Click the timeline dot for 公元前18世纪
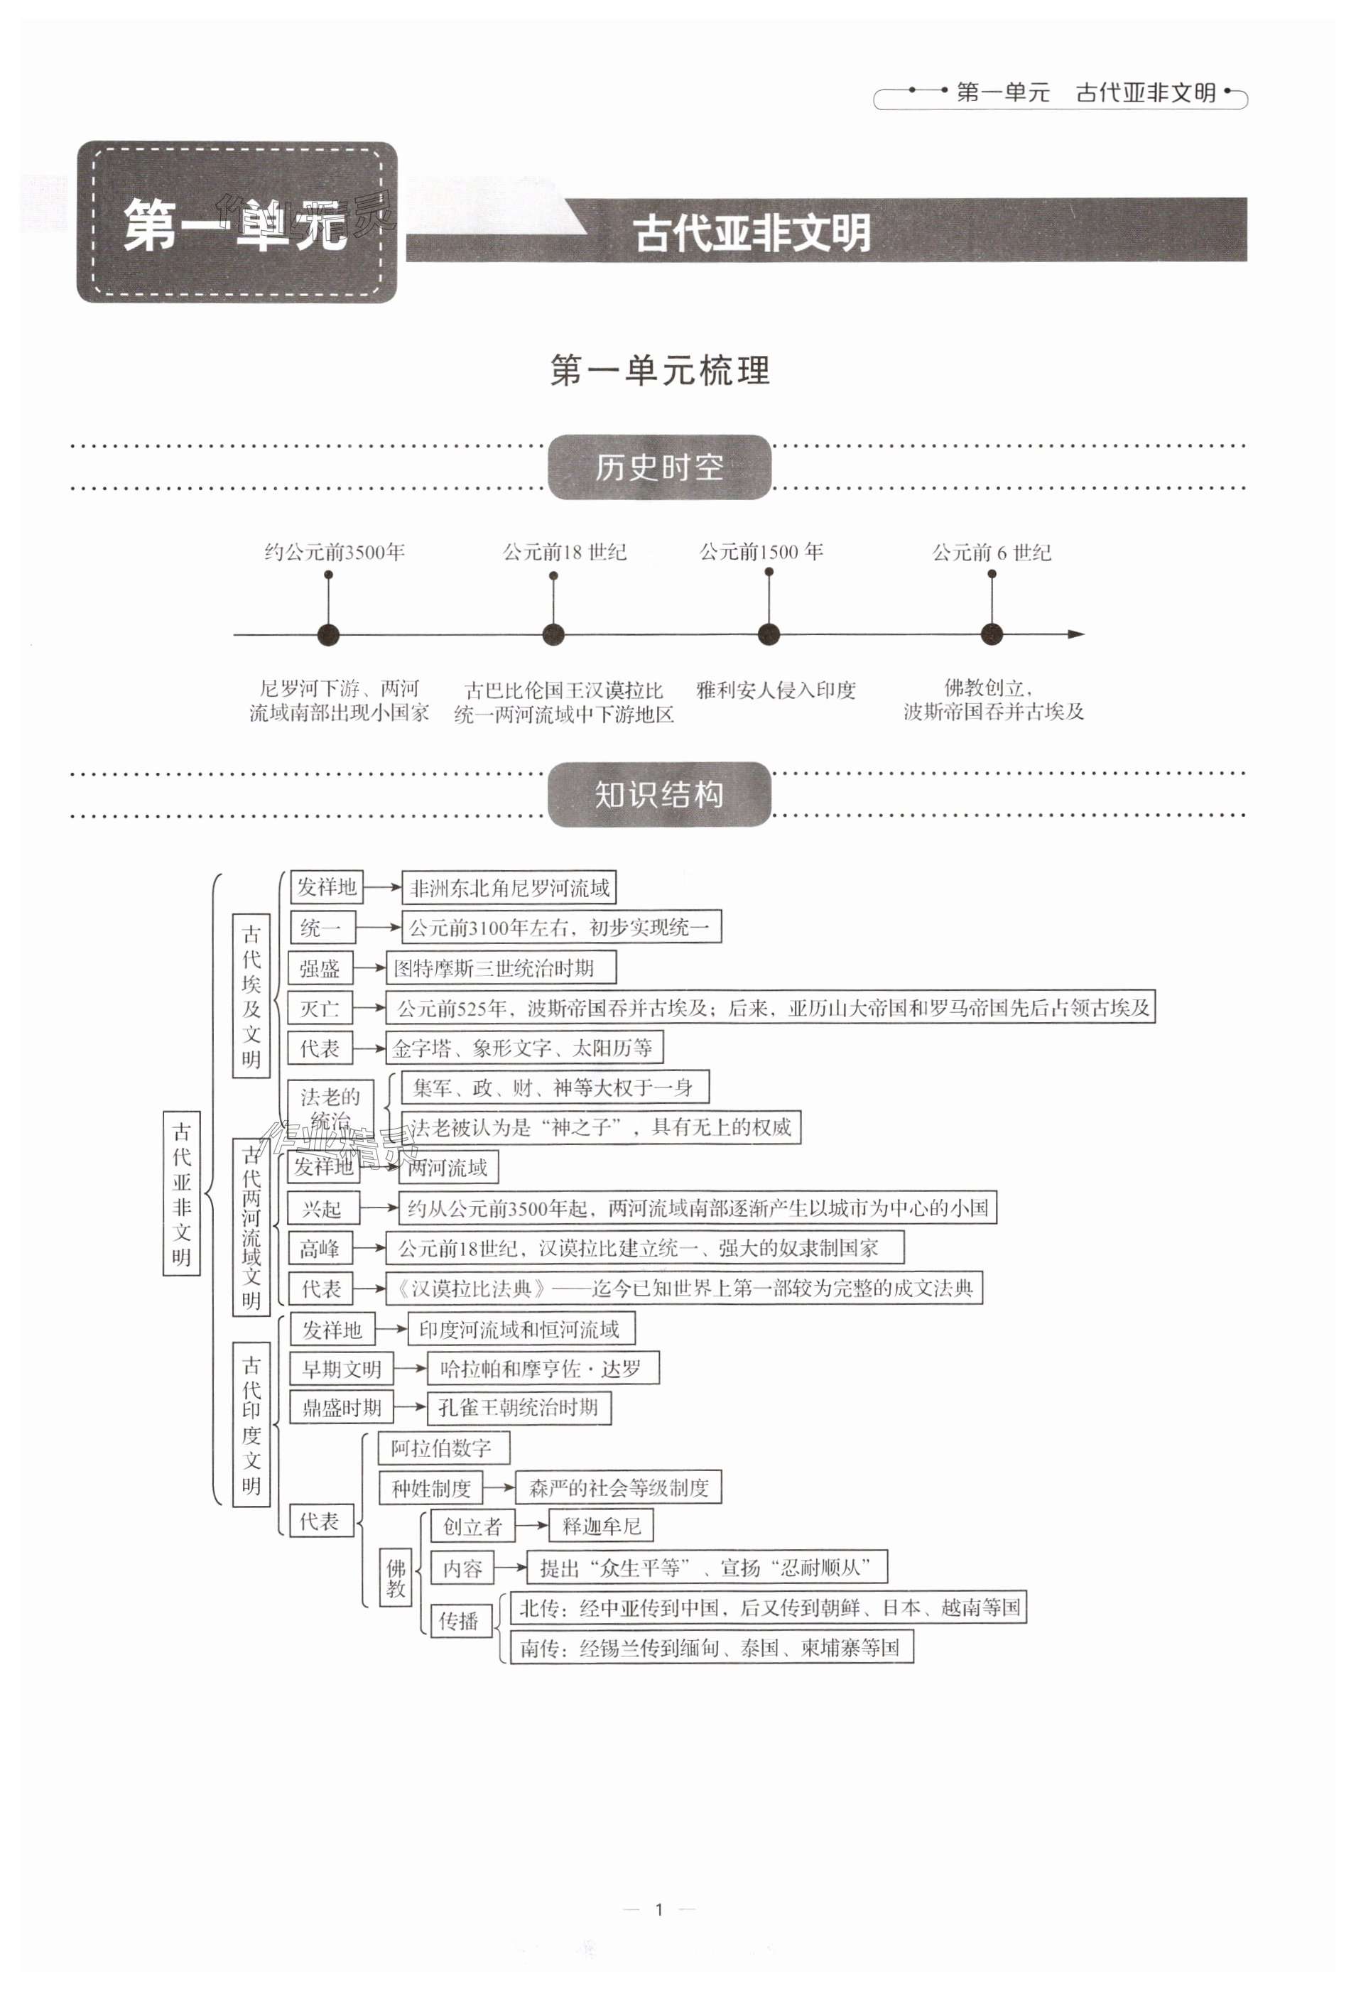coord(553,635)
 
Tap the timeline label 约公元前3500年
coord(334,553)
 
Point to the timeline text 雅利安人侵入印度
coord(775,690)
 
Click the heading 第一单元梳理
coord(660,371)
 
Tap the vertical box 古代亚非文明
coord(182,1193)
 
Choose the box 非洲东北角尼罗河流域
coord(509,888)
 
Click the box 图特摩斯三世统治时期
coord(500,968)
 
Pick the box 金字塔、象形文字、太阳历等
coord(526,1048)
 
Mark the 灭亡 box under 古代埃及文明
coord(320,1009)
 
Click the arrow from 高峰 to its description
coord(369,1248)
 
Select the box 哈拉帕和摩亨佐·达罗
coord(542,1368)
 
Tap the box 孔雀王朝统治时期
coord(519,1408)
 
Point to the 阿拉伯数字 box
coord(443,1448)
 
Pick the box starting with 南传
coord(711,1647)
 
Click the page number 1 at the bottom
coord(658,1909)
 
